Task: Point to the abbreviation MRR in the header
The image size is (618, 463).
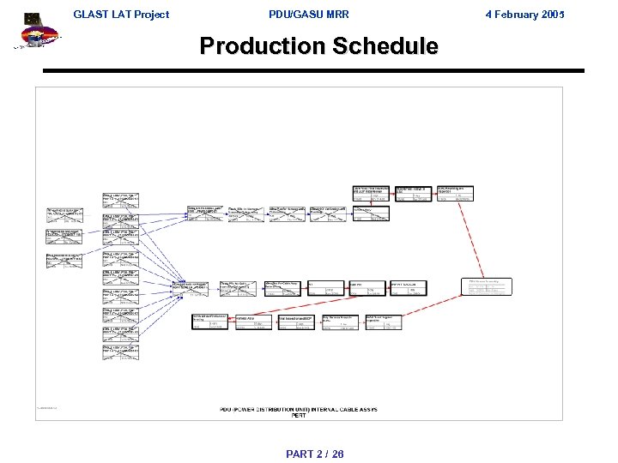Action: coord(336,15)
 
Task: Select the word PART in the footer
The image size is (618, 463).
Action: coord(300,454)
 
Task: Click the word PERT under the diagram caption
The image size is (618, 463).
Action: coord(299,416)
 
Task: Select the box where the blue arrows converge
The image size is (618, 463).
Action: coord(190,288)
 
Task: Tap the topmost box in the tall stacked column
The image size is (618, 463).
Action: coord(120,200)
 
